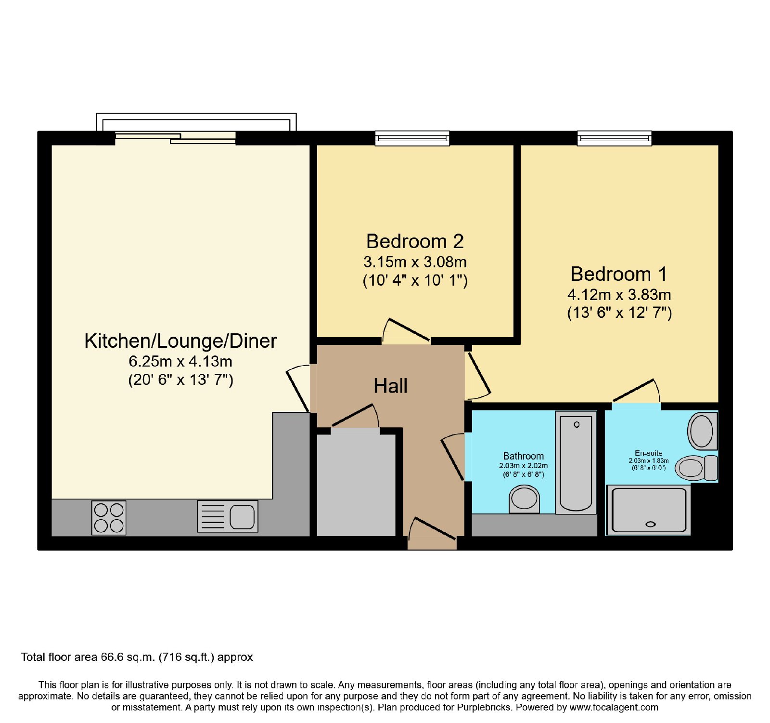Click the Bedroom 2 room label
point(415,241)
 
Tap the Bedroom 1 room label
point(619,274)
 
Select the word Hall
point(390,386)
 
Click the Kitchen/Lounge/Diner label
point(180,341)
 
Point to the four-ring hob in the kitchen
point(109,518)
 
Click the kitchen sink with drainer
point(228,516)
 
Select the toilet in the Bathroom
point(524,499)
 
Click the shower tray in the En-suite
point(649,510)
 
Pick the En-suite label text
point(649,453)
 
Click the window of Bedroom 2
point(412,139)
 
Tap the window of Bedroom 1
point(615,139)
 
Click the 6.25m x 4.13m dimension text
point(180,361)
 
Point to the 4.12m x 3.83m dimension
point(619,295)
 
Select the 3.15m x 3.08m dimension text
point(415,263)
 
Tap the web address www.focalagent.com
point(614,708)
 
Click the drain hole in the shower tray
point(651,525)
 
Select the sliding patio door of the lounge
point(176,138)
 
